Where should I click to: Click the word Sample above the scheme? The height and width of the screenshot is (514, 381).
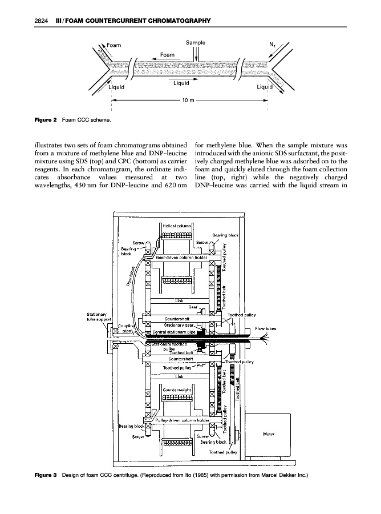pyautogui.click(x=196, y=42)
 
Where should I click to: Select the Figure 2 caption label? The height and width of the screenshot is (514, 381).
pyautogui.click(x=43, y=120)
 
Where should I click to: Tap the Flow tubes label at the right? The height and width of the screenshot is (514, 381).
pyautogui.click(x=266, y=328)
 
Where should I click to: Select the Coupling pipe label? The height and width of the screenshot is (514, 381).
pyautogui.click(x=126, y=328)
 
